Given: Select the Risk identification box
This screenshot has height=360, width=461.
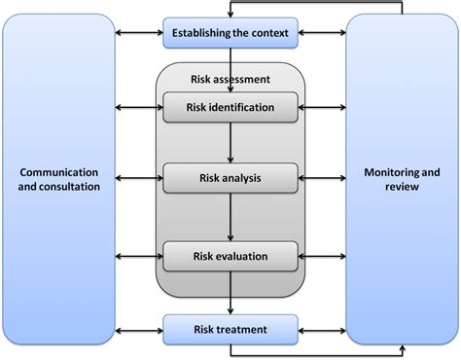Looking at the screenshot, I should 230,107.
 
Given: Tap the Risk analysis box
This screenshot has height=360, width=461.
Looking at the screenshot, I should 230,178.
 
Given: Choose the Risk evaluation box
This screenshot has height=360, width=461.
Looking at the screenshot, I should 230,257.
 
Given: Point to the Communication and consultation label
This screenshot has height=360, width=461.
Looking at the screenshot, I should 59,179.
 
